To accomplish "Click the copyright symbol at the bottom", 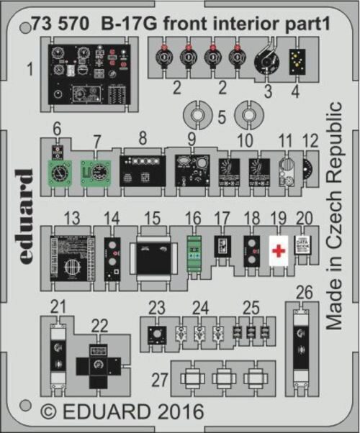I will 48,414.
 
